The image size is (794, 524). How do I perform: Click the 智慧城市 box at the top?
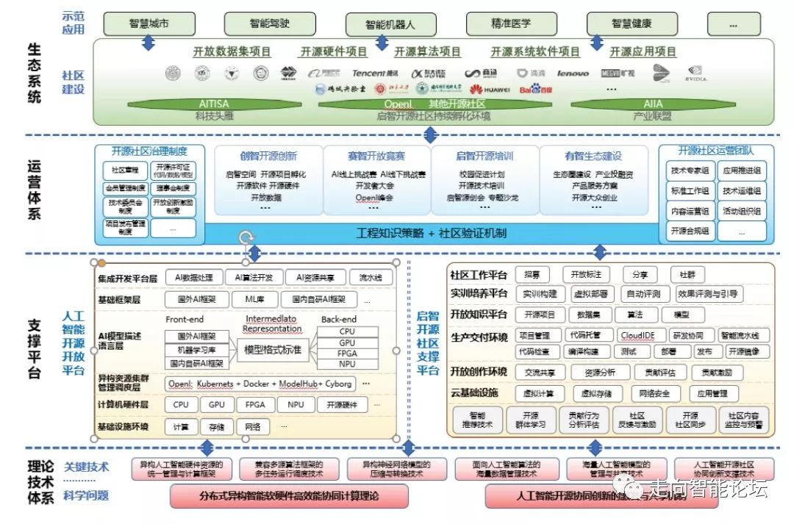coord(149,24)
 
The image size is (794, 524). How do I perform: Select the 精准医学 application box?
coord(512,24)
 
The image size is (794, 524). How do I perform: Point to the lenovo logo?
coord(573,73)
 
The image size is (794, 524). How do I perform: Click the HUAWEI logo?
coord(496,90)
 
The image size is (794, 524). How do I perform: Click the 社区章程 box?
coord(125,171)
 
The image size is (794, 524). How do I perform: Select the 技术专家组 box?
coord(690,171)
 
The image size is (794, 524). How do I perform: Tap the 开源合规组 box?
coord(690,231)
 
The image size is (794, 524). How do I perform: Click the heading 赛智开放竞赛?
coord(376,156)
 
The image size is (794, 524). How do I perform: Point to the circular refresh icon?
coord(247,237)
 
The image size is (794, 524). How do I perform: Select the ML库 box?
coord(254,300)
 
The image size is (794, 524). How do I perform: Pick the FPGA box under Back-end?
coord(347,353)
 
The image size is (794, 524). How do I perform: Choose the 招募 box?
coord(532,274)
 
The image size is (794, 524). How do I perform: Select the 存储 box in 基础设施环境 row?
coord(217,426)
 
